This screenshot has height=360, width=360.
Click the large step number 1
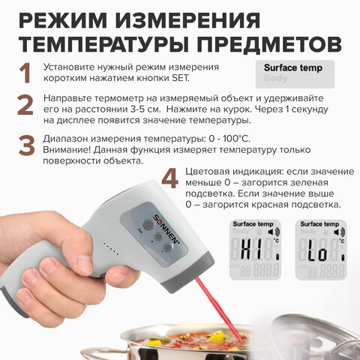(25, 73)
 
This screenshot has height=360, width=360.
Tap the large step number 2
(25, 105)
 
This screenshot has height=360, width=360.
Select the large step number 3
(26, 145)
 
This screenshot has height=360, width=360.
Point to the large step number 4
(170, 178)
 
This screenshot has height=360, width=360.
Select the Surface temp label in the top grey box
(293, 67)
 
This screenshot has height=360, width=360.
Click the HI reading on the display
(252, 249)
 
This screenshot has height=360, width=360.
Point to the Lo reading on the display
(317, 250)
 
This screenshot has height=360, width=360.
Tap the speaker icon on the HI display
(274, 232)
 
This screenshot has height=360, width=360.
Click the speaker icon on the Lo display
(339, 232)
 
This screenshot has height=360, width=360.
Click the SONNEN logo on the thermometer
(166, 229)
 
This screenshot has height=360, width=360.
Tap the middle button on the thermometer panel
(159, 236)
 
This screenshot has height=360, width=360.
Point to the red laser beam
(220, 310)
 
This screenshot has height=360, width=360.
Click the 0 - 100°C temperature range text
(229, 139)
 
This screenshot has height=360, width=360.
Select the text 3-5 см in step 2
(145, 109)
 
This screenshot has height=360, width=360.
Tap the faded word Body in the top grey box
(275, 78)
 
